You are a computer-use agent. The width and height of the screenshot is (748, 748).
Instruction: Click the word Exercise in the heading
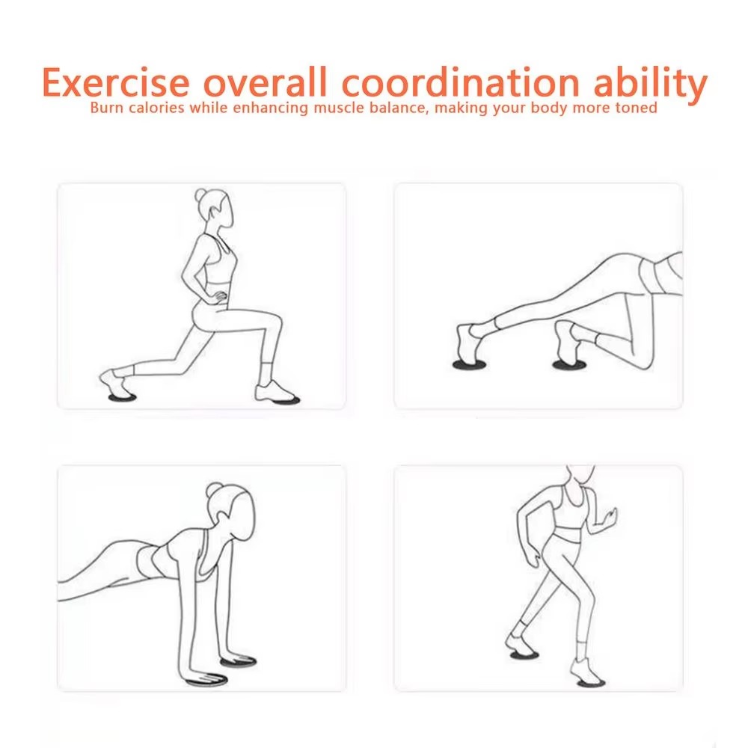tap(116, 82)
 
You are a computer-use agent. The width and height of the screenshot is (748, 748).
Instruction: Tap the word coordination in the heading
tap(460, 82)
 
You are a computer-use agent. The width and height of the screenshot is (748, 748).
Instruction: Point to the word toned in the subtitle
tap(637, 108)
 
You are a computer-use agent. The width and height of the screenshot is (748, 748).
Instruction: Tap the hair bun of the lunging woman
tap(200, 195)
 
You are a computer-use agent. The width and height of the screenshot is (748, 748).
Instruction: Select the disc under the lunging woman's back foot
tap(122, 397)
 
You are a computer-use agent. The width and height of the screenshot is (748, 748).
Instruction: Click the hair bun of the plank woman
tap(214, 490)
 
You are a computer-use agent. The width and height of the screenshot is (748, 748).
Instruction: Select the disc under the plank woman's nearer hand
tap(206, 681)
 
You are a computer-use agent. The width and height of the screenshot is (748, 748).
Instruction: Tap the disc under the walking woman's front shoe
tap(591, 683)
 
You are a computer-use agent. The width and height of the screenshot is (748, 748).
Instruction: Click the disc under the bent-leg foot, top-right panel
tap(569, 365)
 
